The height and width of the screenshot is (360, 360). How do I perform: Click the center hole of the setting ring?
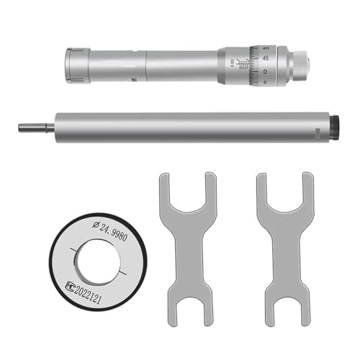coord(96,261)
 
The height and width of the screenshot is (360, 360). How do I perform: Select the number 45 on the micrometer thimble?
coord(265,60)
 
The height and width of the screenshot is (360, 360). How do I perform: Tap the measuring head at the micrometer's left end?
coord(77,66)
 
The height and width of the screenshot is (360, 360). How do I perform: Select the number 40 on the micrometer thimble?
coord(265,49)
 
